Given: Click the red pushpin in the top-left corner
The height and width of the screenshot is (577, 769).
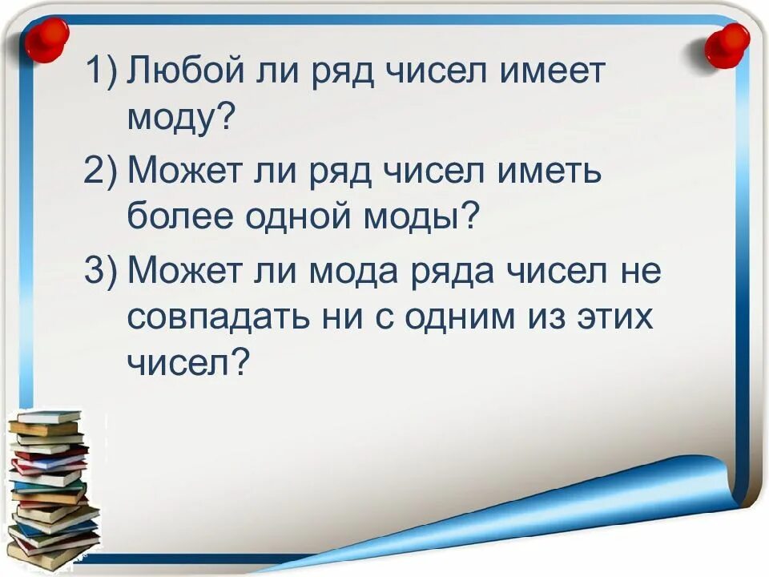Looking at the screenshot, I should [x=46, y=38].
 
